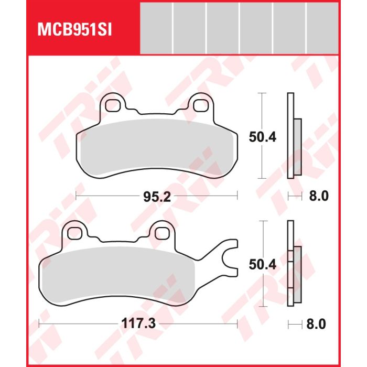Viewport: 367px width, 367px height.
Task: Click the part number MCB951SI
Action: click(74, 30)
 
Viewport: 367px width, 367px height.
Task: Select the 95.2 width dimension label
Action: click(157, 197)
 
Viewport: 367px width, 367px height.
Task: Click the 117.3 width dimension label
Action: click(138, 324)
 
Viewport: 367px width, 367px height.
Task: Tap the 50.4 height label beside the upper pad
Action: click(262, 137)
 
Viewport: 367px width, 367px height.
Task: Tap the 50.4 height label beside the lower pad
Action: click(262, 264)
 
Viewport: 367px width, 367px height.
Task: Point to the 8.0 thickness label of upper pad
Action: click(319, 196)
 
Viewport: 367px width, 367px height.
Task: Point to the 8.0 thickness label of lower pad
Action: click(316, 324)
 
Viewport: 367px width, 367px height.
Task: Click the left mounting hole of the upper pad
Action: click(113, 106)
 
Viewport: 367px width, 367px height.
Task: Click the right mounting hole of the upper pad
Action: click(201, 106)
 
